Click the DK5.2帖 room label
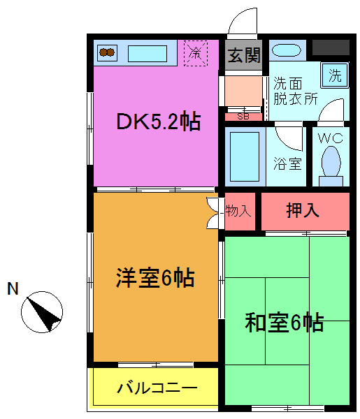coord(158,122)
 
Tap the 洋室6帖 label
coord(154,279)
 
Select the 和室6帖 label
coord(284,323)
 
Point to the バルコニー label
coord(157,388)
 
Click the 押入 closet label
coord(303,210)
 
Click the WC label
coord(331,138)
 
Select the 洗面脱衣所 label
coord(295,91)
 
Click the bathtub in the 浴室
coord(245,157)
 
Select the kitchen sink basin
coord(147,53)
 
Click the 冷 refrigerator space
coord(196,53)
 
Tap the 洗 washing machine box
coord(335,75)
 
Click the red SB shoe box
coord(243,116)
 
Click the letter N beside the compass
coord(13,288)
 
